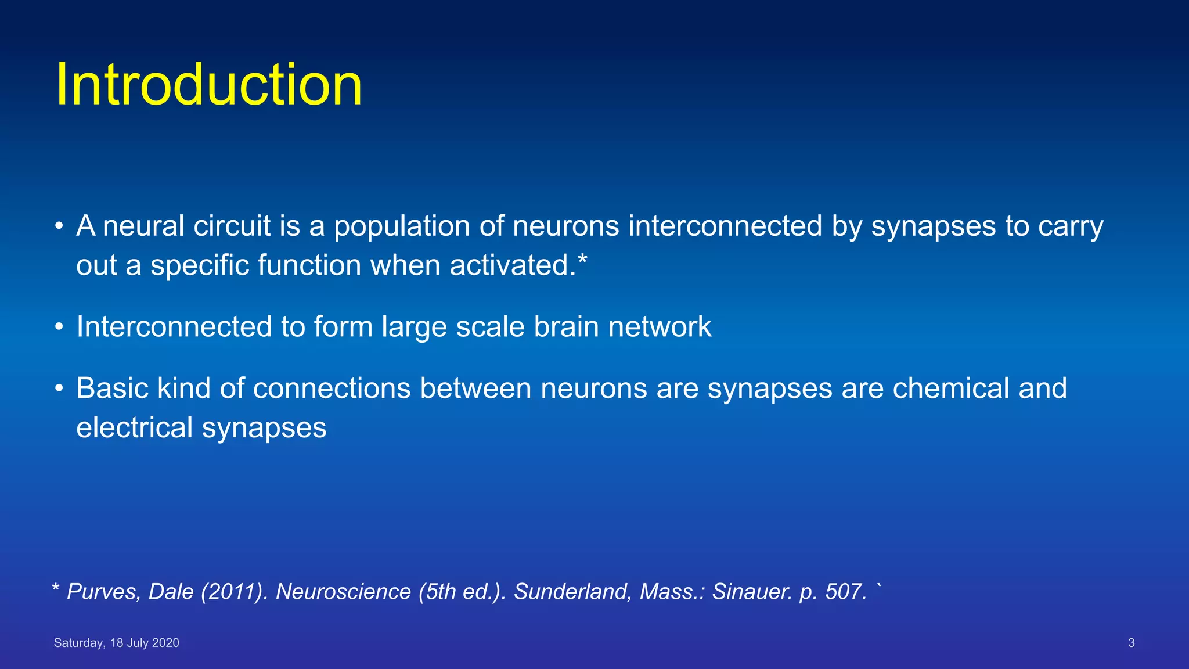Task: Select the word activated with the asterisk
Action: point(518,265)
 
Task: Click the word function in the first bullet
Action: point(309,265)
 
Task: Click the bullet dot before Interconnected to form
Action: point(59,327)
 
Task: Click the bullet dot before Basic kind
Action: point(59,389)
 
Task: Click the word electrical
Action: point(134,428)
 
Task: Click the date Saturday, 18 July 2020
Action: point(116,643)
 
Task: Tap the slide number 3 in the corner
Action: point(1131,643)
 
